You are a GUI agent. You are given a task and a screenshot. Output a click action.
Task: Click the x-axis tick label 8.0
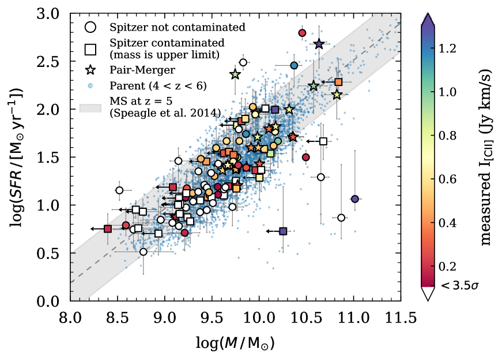pos(70,317)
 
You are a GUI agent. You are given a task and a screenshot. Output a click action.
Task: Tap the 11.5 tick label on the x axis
pos(401,317)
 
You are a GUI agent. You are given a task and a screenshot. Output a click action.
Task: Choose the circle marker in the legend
pos(90,27)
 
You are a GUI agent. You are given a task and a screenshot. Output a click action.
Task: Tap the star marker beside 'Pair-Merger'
pos(90,70)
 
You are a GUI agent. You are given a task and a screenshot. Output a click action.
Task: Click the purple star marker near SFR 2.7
pos(319,44)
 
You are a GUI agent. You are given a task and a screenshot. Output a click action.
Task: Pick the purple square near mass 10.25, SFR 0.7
pos(283,231)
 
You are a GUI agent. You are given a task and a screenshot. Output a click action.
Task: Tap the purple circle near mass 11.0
pos(355,199)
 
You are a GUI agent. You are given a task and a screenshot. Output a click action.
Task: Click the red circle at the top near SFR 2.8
pos(302,33)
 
